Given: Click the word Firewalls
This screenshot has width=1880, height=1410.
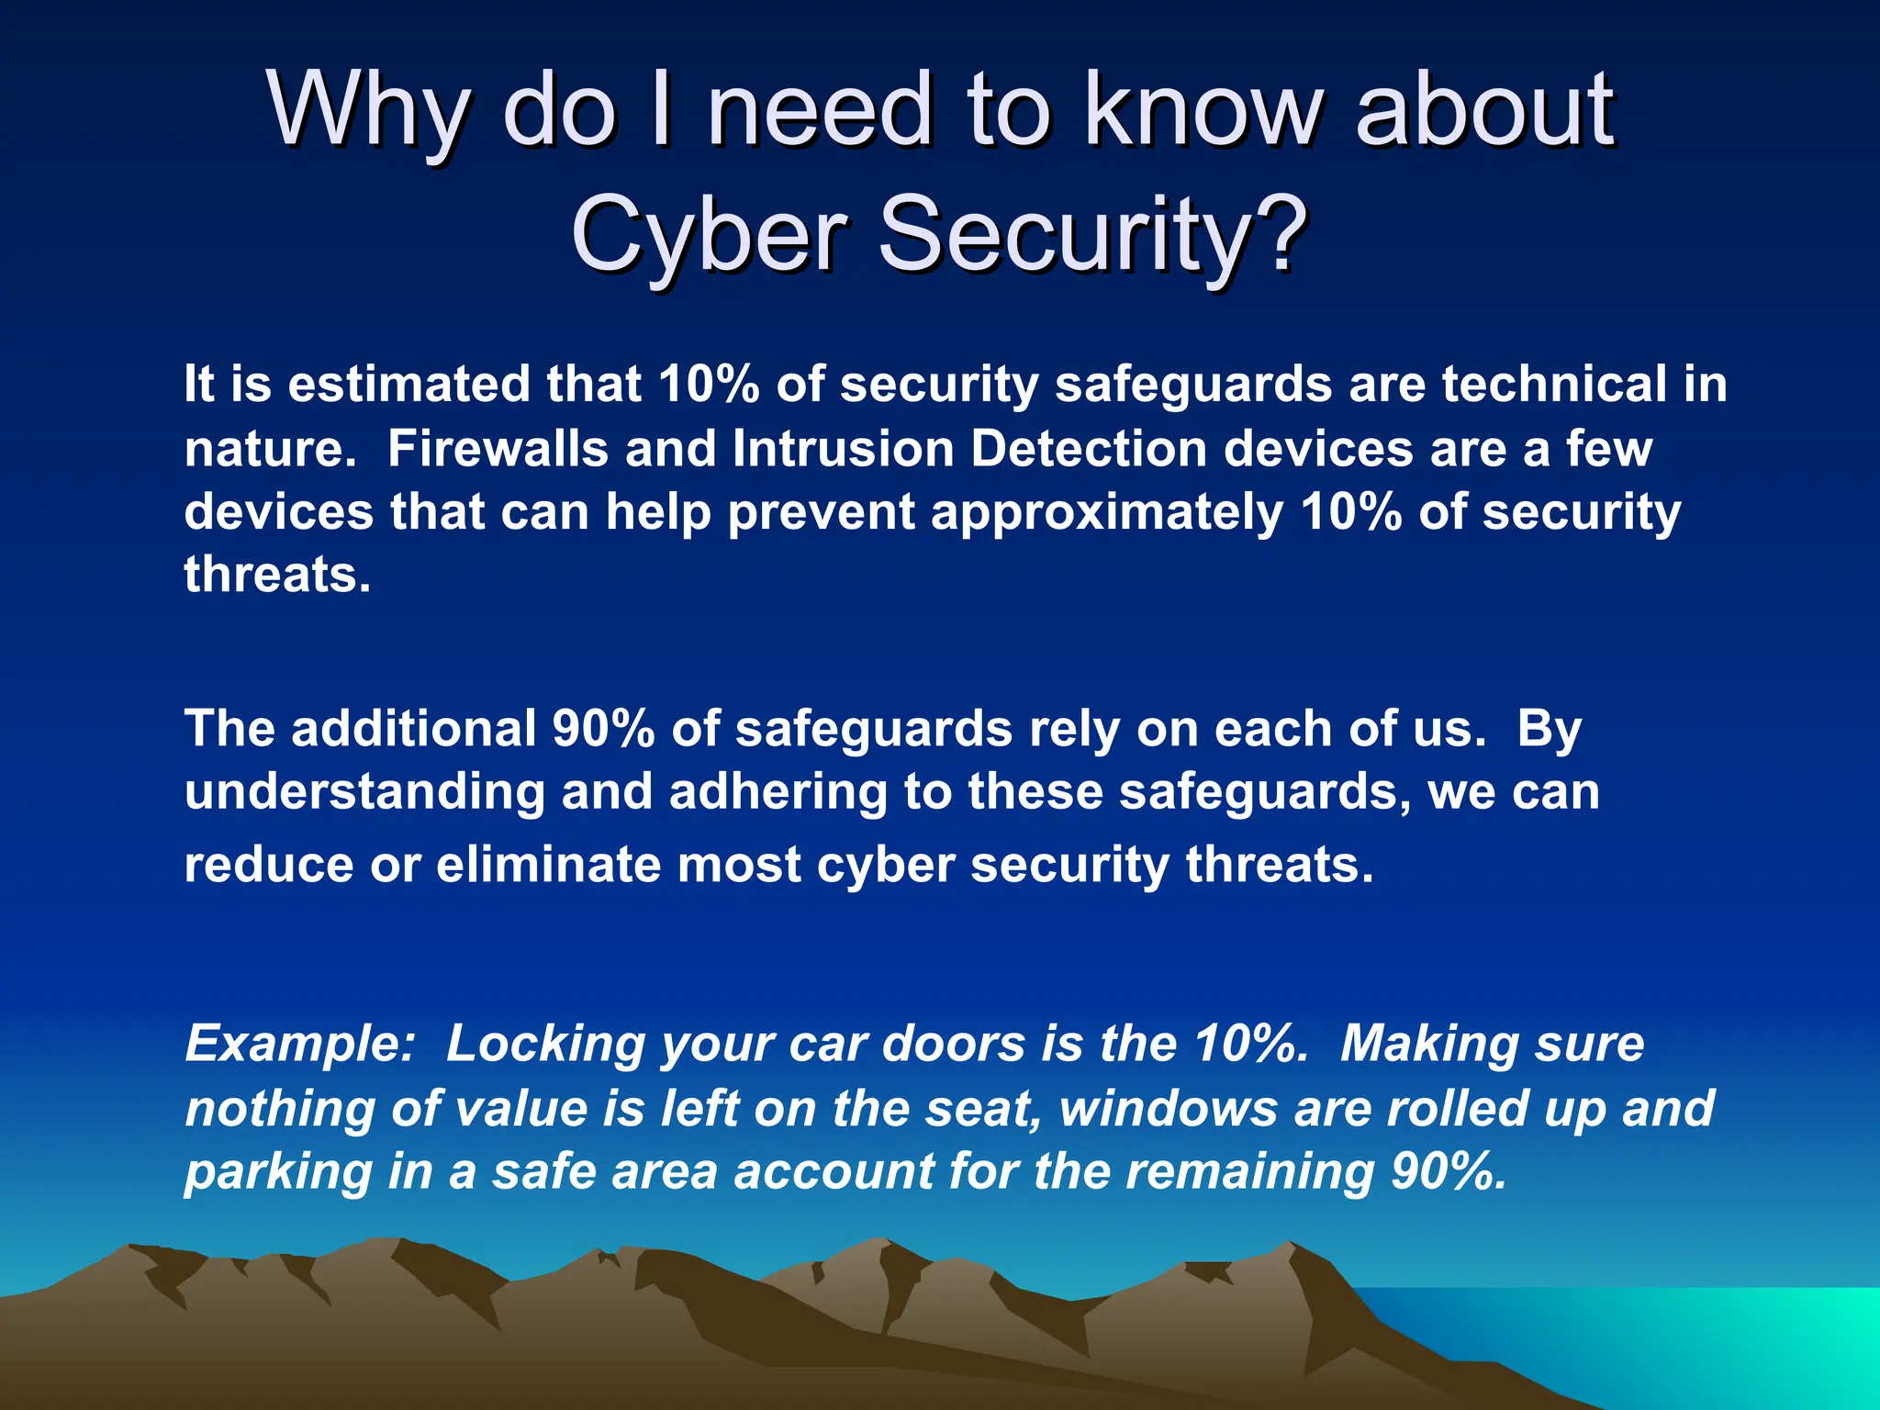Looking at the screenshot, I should pos(498,449).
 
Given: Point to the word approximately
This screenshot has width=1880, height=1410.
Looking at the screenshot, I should pos(1106,512).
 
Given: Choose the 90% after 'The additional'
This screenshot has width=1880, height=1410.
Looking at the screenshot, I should pos(603,729).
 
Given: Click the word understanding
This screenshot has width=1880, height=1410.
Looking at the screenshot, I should pos(364,792).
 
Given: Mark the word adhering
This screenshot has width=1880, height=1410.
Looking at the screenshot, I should pos(778,792).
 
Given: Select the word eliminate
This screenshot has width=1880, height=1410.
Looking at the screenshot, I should pos(548,865).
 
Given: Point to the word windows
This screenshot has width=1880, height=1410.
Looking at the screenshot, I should pos(1168,1108).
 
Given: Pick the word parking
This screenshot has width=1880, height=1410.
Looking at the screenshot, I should pos(277,1172).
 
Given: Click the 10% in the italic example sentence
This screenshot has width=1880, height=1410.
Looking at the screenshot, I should pos(1251,1044).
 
